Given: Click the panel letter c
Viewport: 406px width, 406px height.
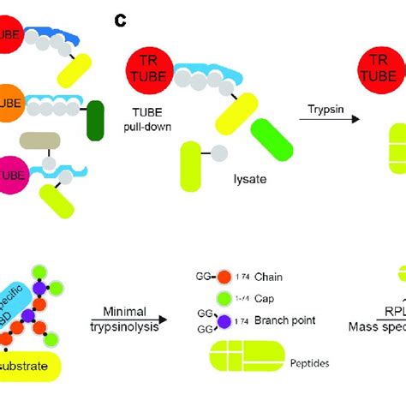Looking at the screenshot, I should click(121, 17).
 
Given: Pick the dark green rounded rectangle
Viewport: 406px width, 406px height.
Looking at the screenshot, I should click(94, 121).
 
